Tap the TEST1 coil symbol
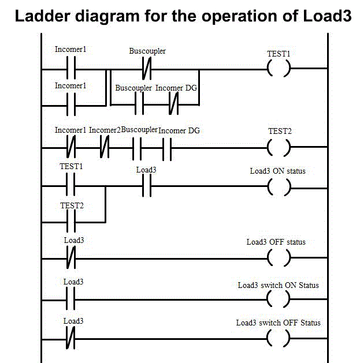pos(279,70)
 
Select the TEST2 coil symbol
pos(279,148)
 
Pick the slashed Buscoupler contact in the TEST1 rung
pos(147,70)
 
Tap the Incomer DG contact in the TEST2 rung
pos(168,148)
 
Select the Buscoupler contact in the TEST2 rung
pos(137,148)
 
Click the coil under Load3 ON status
pos(279,186)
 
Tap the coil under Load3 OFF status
pos(279,257)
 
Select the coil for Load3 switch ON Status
pos(279,299)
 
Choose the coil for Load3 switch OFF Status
pos(279,338)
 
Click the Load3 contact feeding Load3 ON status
pos(146,186)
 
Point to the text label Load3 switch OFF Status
pos(278,323)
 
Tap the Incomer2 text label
pos(105,130)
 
